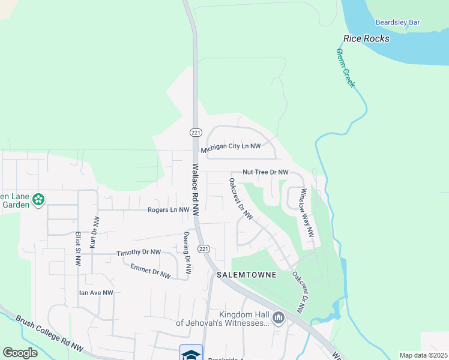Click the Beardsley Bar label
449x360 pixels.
(x=397, y=23)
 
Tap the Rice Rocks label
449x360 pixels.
(x=366, y=39)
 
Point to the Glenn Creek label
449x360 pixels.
(x=345, y=68)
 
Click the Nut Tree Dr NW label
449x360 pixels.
(x=265, y=172)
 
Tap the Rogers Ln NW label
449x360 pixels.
(x=168, y=210)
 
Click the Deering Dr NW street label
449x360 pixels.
(x=187, y=253)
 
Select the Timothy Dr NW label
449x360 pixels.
(x=139, y=253)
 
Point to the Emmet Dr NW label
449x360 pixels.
(x=151, y=273)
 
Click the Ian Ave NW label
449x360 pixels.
(x=96, y=293)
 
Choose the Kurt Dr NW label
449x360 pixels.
(x=94, y=233)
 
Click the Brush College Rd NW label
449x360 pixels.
(x=49, y=333)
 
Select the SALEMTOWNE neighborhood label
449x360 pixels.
(x=246, y=275)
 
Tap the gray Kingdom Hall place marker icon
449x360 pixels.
(x=278, y=318)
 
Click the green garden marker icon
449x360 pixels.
(x=38, y=199)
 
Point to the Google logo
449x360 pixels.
(x=20, y=353)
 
